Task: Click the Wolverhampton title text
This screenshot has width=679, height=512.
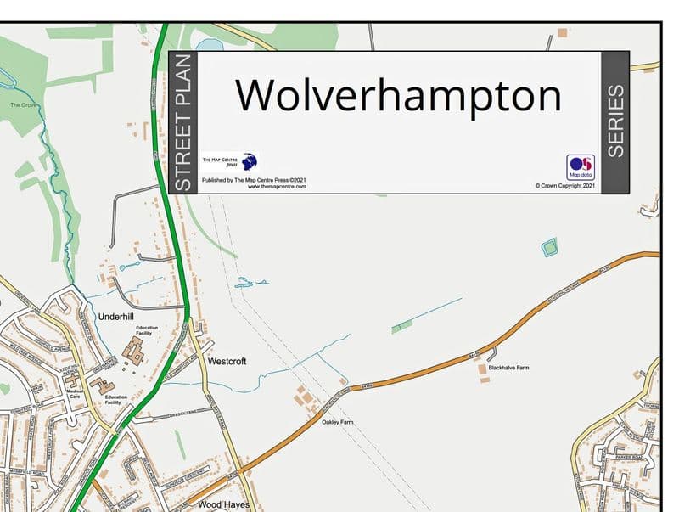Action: pyautogui.click(x=398, y=94)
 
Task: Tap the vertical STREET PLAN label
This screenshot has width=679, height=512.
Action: pyautogui.click(x=182, y=122)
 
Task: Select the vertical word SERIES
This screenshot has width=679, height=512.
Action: pyautogui.click(x=615, y=121)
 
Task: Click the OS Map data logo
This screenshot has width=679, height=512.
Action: pyautogui.click(x=581, y=166)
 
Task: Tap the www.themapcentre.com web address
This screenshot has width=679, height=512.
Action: pyautogui.click(x=277, y=187)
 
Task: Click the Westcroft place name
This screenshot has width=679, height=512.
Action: pyautogui.click(x=227, y=362)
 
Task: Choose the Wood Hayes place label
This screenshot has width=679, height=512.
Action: pyautogui.click(x=223, y=504)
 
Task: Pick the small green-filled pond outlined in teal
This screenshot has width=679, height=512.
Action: pyautogui.click(x=549, y=248)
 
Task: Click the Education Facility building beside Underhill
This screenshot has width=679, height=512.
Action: pyautogui.click(x=134, y=351)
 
